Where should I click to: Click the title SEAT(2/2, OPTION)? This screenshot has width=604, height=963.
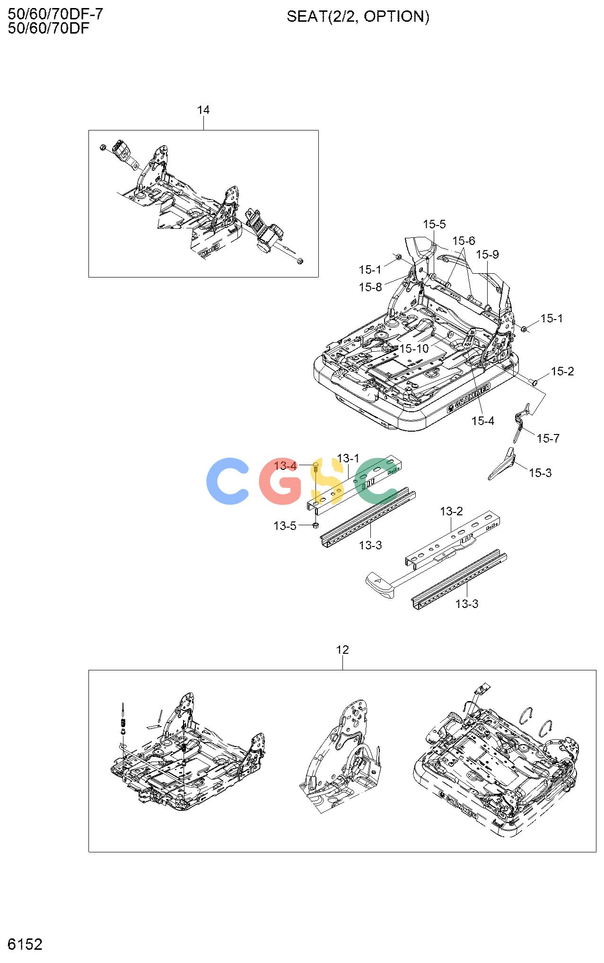[x=358, y=17]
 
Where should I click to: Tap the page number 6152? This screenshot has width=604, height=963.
[x=25, y=944]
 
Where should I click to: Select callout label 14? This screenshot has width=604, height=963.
[x=203, y=110]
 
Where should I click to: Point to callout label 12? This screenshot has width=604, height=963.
[x=342, y=650]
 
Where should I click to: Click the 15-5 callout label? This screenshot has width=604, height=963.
[x=434, y=224]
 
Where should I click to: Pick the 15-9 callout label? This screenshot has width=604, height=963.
[x=487, y=254]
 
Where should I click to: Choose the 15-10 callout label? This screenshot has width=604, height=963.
[x=414, y=348]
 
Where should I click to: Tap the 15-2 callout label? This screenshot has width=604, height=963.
[x=562, y=372]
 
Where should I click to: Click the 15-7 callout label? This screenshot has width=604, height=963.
[x=548, y=439]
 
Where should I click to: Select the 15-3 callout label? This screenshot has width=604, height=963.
[x=540, y=473]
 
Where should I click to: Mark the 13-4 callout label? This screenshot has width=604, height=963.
[x=285, y=466]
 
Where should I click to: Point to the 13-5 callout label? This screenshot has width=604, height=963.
[x=285, y=526]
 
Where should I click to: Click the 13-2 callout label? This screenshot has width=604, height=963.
[x=452, y=511]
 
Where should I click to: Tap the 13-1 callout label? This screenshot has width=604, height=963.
[x=349, y=459]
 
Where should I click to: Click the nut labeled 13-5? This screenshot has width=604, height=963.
[x=316, y=525]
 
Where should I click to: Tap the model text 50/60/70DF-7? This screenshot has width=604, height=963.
[x=55, y=14]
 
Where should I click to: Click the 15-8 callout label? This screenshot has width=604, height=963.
[x=370, y=287]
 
